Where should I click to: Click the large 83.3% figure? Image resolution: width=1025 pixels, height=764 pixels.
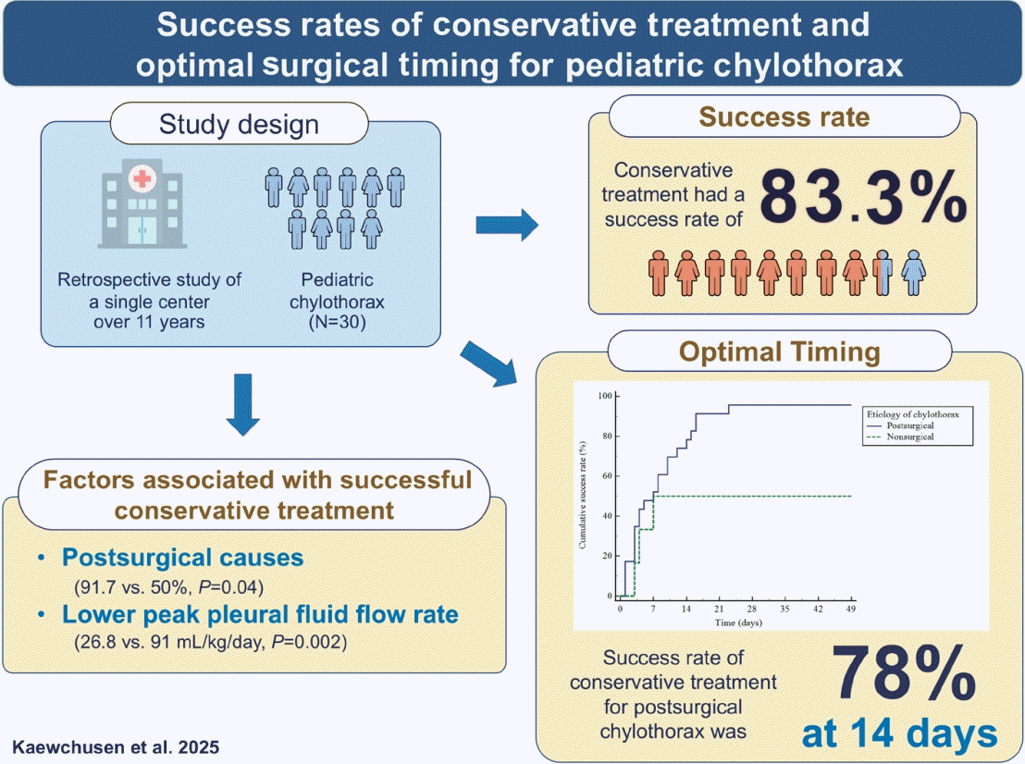click(861, 197)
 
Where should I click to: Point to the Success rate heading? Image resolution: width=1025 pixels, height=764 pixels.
click(785, 117)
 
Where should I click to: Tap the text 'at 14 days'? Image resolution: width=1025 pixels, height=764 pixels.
click(900, 734)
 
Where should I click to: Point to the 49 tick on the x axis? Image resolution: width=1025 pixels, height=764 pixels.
click(850, 610)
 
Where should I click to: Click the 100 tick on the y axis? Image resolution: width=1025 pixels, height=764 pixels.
click(606, 396)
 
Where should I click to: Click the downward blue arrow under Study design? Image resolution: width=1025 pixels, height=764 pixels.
click(243, 405)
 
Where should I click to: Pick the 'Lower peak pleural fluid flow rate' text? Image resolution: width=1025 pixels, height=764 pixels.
click(260, 614)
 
